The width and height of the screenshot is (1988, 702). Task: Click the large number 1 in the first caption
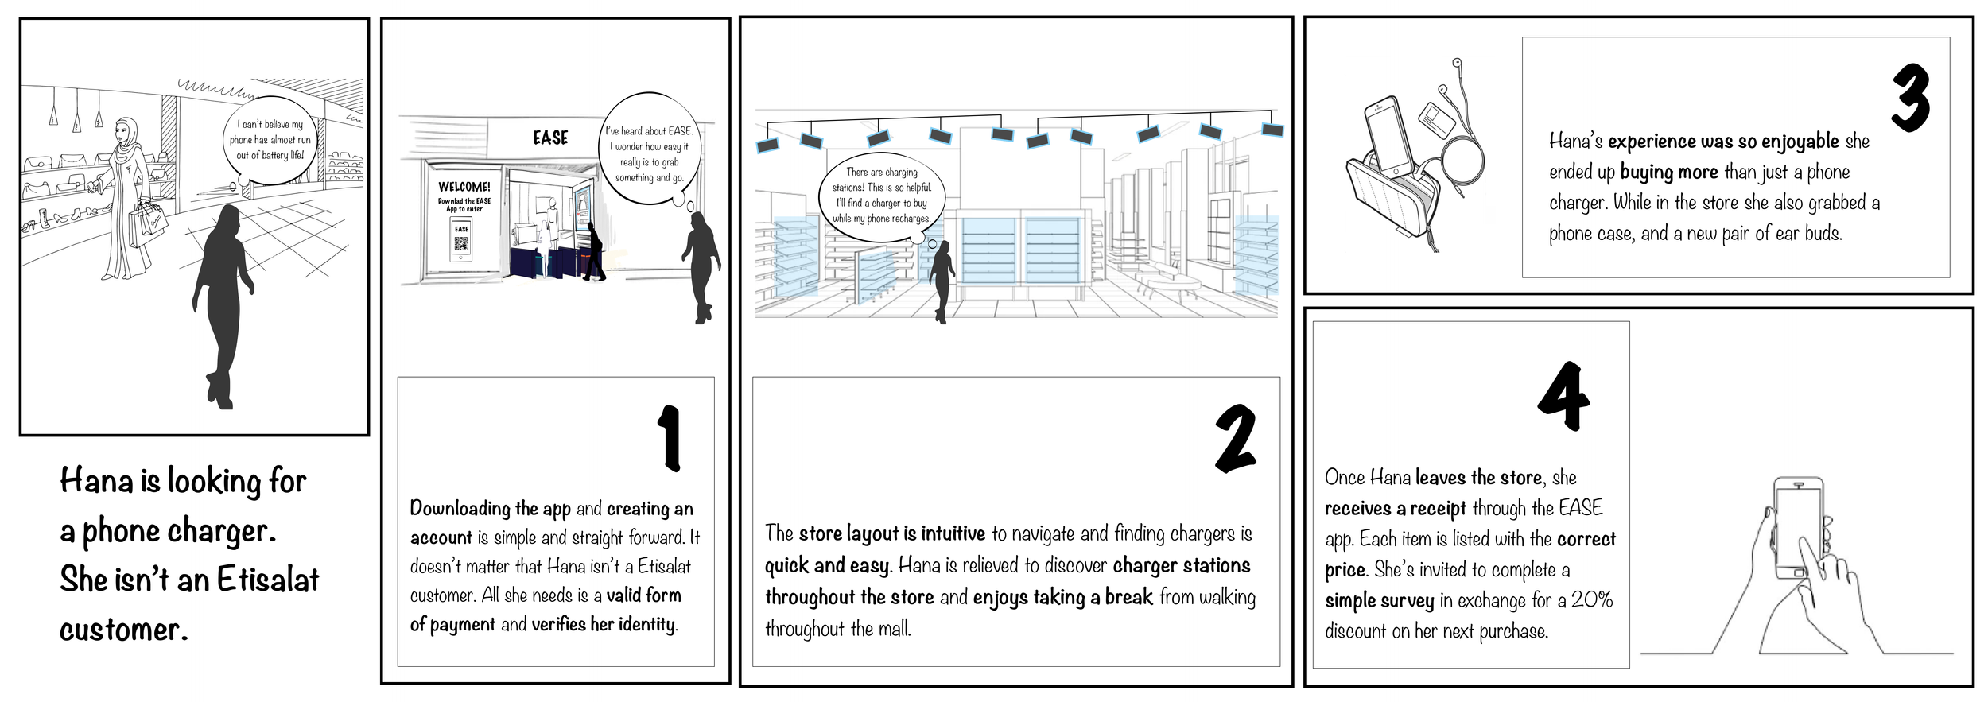point(670,438)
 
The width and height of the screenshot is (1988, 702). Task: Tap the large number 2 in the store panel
point(1235,439)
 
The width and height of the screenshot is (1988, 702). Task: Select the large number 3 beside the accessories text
point(1909,99)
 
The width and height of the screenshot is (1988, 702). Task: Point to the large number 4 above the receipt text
point(1563,396)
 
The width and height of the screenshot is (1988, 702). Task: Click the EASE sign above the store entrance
point(550,138)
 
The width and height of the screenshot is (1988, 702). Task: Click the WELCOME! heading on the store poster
point(464,187)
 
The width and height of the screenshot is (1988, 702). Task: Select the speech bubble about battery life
point(270,141)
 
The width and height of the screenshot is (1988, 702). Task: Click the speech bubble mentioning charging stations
point(881,196)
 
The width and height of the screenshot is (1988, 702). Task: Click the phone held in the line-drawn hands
point(1799,529)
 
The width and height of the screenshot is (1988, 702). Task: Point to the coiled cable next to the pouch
point(1462,166)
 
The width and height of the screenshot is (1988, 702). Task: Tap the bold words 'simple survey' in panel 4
point(1379,601)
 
